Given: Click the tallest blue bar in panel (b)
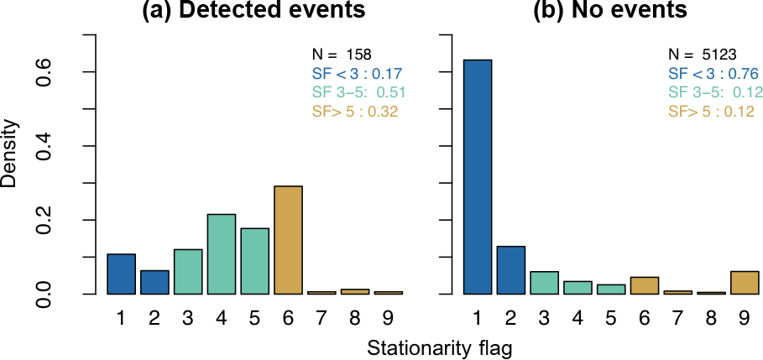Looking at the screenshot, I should tap(477, 177).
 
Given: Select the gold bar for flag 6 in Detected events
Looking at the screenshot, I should tap(289, 240).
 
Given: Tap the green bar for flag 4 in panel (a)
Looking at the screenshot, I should tap(222, 254).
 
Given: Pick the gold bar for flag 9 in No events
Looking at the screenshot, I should tap(745, 283).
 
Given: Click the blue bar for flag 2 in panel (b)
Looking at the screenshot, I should tap(510, 270).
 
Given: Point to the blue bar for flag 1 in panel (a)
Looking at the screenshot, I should tap(121, 274).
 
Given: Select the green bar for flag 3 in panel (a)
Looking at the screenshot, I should tap(188, 272).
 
